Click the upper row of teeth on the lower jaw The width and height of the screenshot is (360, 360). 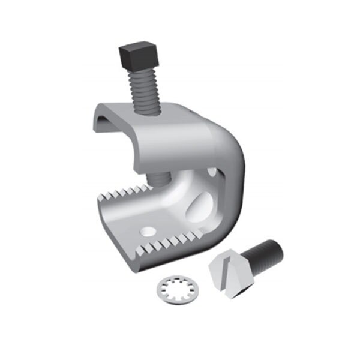click(x=120, y=192)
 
